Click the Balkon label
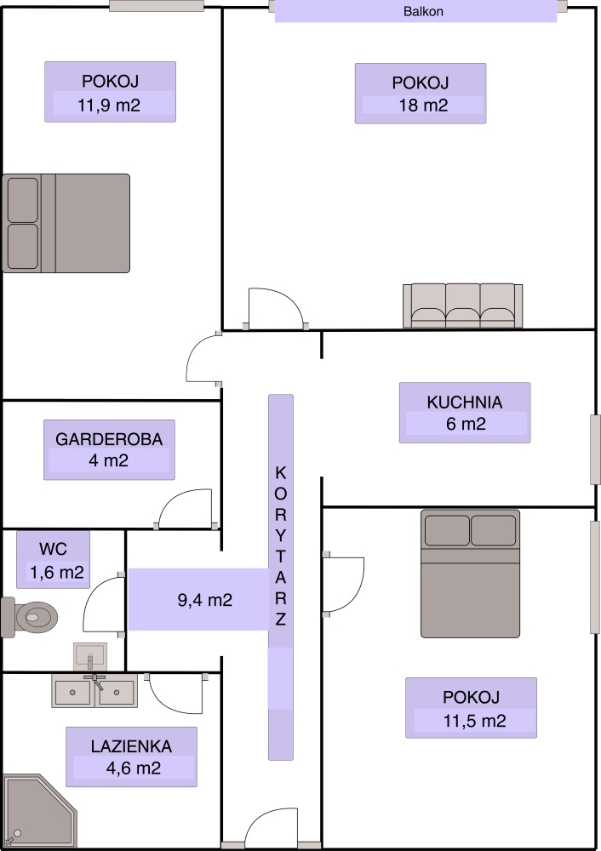tap(423, 11)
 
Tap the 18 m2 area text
tap(423, 106)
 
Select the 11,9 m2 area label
tap(109, 105)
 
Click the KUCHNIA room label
tap(465, 403)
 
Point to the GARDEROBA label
tap(109, 439)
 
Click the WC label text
tap(54, 549)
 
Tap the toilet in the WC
tap(30, 617)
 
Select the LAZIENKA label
tap(131, 746)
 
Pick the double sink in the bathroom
tap(94, 691)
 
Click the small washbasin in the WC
tap(90, 657)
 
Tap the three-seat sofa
tap(462, 306)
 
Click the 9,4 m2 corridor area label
tap(205, 600)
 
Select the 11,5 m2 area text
tap(475, 721)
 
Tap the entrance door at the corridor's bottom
tap(271, 829)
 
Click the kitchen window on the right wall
tap(595, 449)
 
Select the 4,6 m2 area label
tap(134, 768)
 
